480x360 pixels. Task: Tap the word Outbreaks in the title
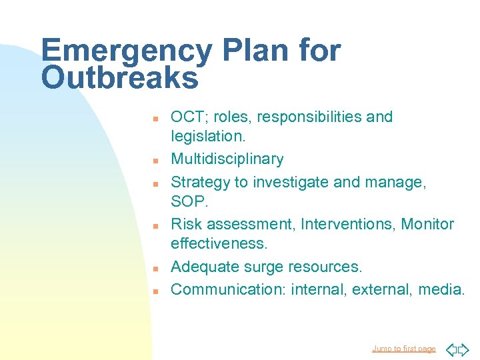tap(120, 78)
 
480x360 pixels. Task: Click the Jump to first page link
tap(403, 349)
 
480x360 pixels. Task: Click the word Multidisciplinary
tap(227, 159)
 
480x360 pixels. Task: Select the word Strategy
tap(199, 182)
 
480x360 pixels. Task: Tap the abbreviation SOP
tap(189, 201)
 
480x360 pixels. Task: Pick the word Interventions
tap(347, 225)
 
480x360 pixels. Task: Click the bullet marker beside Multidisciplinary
tap(154, 161)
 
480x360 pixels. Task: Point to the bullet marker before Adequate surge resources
tap(154, 269)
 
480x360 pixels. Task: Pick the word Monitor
tap(427, 225)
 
